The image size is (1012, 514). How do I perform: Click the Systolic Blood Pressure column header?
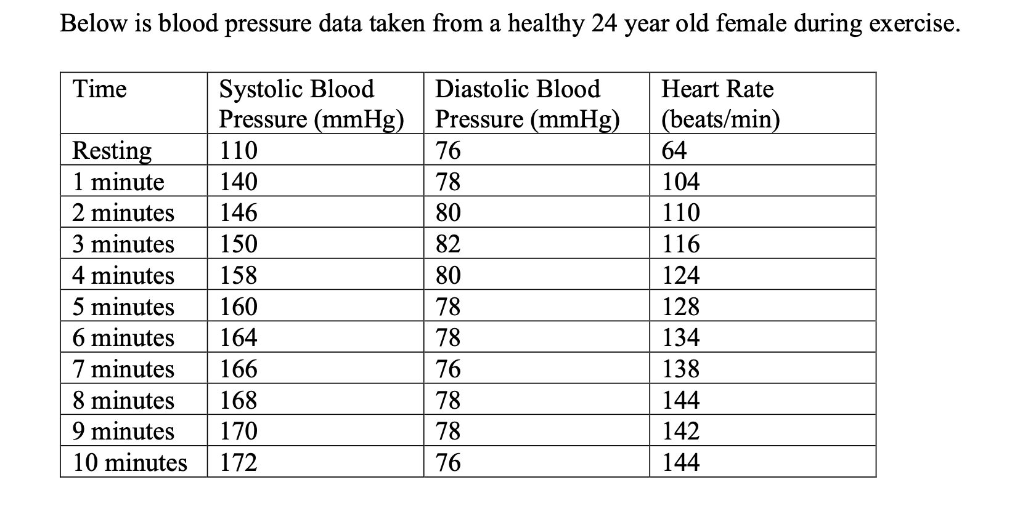(x=311, y=103)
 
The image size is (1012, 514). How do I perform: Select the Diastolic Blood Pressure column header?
(x=527, y=103)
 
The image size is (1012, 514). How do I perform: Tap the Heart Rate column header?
(x=720, y=103)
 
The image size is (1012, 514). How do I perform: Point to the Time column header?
(x=100, y=89)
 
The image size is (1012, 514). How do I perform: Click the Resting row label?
(x=112, y=150)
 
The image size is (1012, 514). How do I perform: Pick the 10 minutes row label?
(x=129, y=462)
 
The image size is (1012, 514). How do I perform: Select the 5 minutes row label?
(x=123, y=306)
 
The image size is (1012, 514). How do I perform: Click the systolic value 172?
(x=239, y=462)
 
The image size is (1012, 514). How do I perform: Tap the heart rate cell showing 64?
(x=674, y=150)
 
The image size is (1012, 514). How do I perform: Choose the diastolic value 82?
(x=448, y=244)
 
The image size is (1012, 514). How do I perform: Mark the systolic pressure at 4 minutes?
(x=239, y=275)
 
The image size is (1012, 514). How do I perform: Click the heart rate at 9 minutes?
(x=681, y=431)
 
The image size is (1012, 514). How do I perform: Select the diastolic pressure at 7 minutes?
(x=448, y=369)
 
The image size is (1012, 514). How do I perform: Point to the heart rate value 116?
(x=681, y=244)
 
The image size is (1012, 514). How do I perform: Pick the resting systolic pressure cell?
(x=239, y=150)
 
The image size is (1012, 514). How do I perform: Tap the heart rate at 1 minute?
(x=681, y=182)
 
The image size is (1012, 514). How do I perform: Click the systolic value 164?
(x=239, y=337)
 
